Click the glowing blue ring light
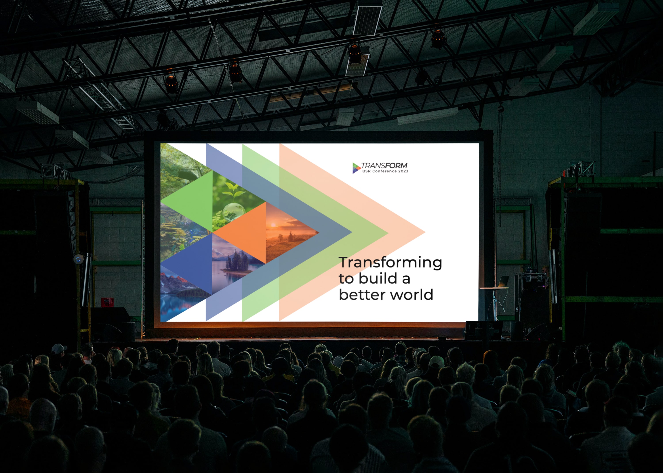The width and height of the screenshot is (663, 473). click(78, 259)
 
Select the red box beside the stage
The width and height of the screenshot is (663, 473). click(107, 303)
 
